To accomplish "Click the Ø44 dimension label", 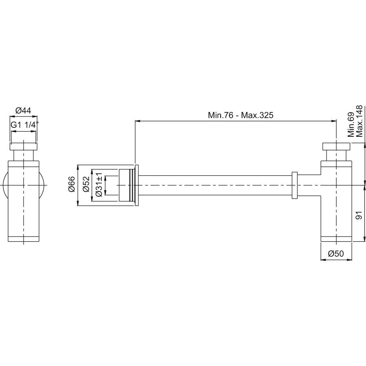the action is (23, 110).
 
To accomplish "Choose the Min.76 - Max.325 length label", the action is (241, 115).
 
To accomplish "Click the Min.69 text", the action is (351, 125).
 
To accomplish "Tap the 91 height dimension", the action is (359, 215).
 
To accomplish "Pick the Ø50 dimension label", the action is (336, 253).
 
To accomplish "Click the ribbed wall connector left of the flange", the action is (127, 186).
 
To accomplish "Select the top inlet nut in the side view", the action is (336, 146).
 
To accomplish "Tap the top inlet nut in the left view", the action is (23, 146).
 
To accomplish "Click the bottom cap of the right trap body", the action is (336, 239).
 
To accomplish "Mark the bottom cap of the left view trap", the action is (24, 239).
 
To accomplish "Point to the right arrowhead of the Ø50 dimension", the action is (350, 260).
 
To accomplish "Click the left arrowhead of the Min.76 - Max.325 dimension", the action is (138, 121).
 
